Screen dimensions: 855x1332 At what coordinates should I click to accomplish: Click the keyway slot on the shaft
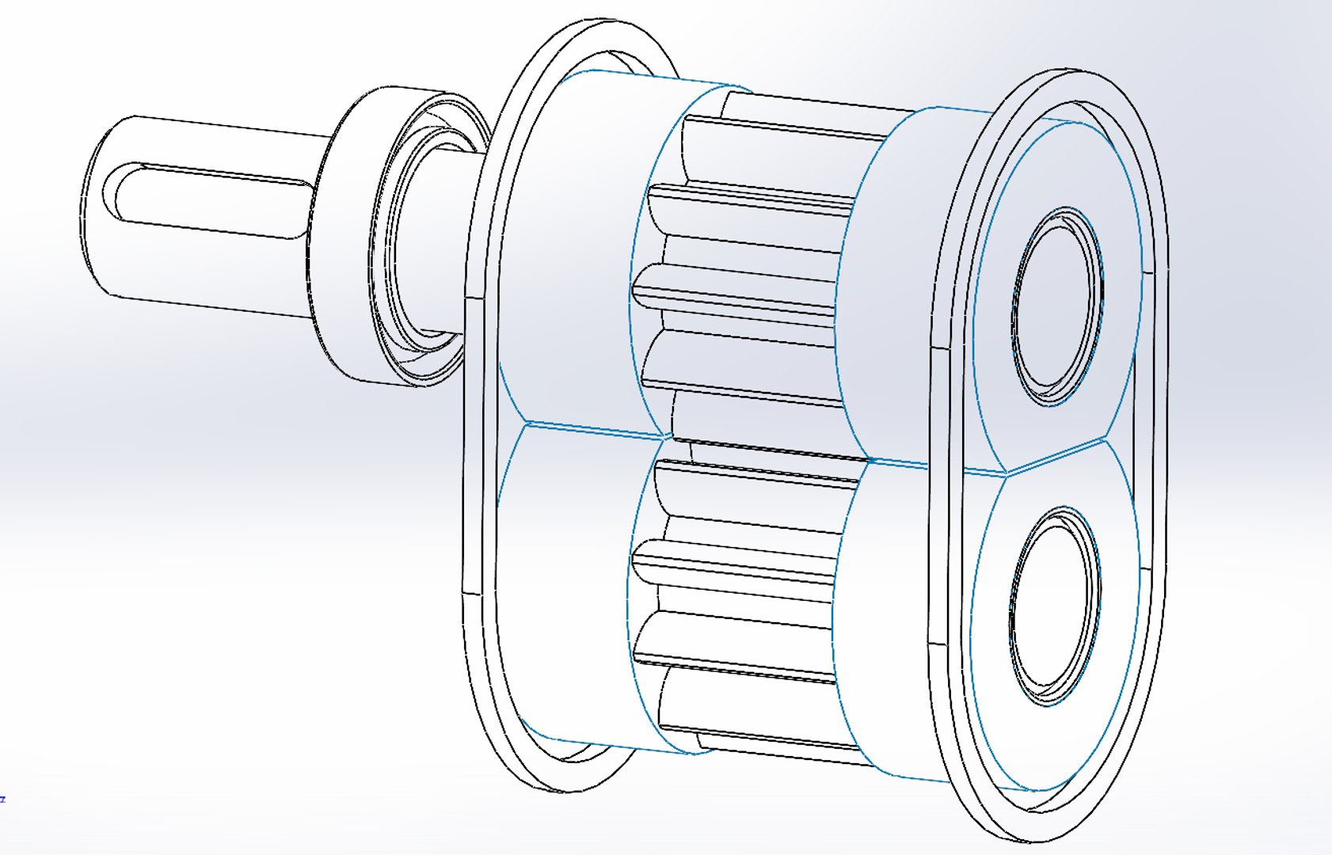pyautogui.click(x=214, y=198)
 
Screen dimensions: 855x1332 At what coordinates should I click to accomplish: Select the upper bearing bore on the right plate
pyautogui.click(x=1057, y=309)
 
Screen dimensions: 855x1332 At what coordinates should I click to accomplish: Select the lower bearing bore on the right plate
pyautogui.click(x=1053, y=606)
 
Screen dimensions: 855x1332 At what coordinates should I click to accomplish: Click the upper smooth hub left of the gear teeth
pyautogui.click(x=570, y=253)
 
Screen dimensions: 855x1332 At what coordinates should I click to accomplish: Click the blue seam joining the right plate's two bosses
pyautogui.click(x=1057, y=455)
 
